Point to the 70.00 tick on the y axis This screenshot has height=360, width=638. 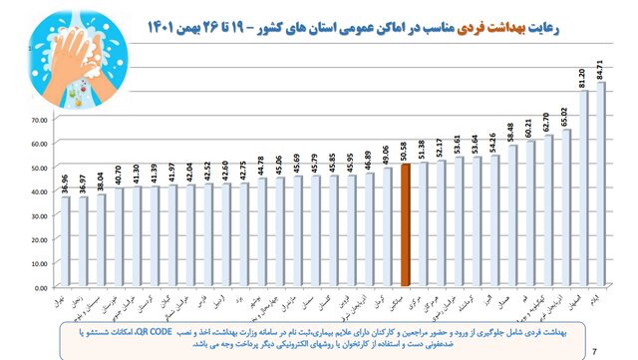tap(39, 119)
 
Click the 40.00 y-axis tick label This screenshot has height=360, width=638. tap(39, 190)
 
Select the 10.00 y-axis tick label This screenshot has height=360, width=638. tap(39, 261)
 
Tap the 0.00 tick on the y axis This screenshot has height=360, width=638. tap(41, 285)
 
